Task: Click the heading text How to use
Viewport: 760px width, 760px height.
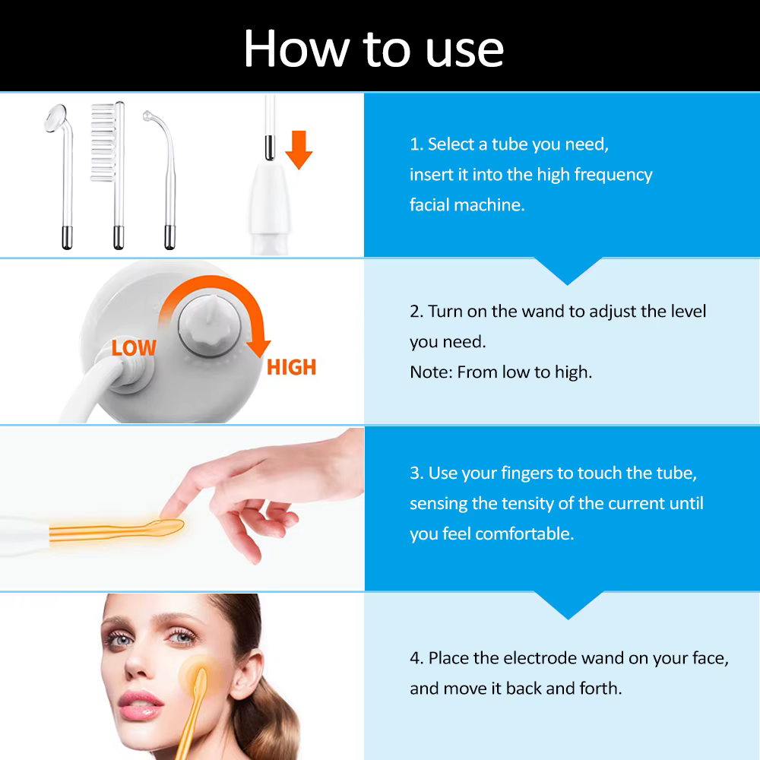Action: click(374, 49)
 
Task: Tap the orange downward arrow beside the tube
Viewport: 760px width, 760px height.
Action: click(299, 150)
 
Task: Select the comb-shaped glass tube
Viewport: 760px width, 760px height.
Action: click(109, 175)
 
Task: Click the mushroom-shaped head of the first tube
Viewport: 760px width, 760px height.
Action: click(55, 118)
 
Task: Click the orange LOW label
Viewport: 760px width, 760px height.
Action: click(134, 347)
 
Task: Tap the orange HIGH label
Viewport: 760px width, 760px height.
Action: click(291, 367)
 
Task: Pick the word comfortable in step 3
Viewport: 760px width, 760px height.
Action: click(524, 534)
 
